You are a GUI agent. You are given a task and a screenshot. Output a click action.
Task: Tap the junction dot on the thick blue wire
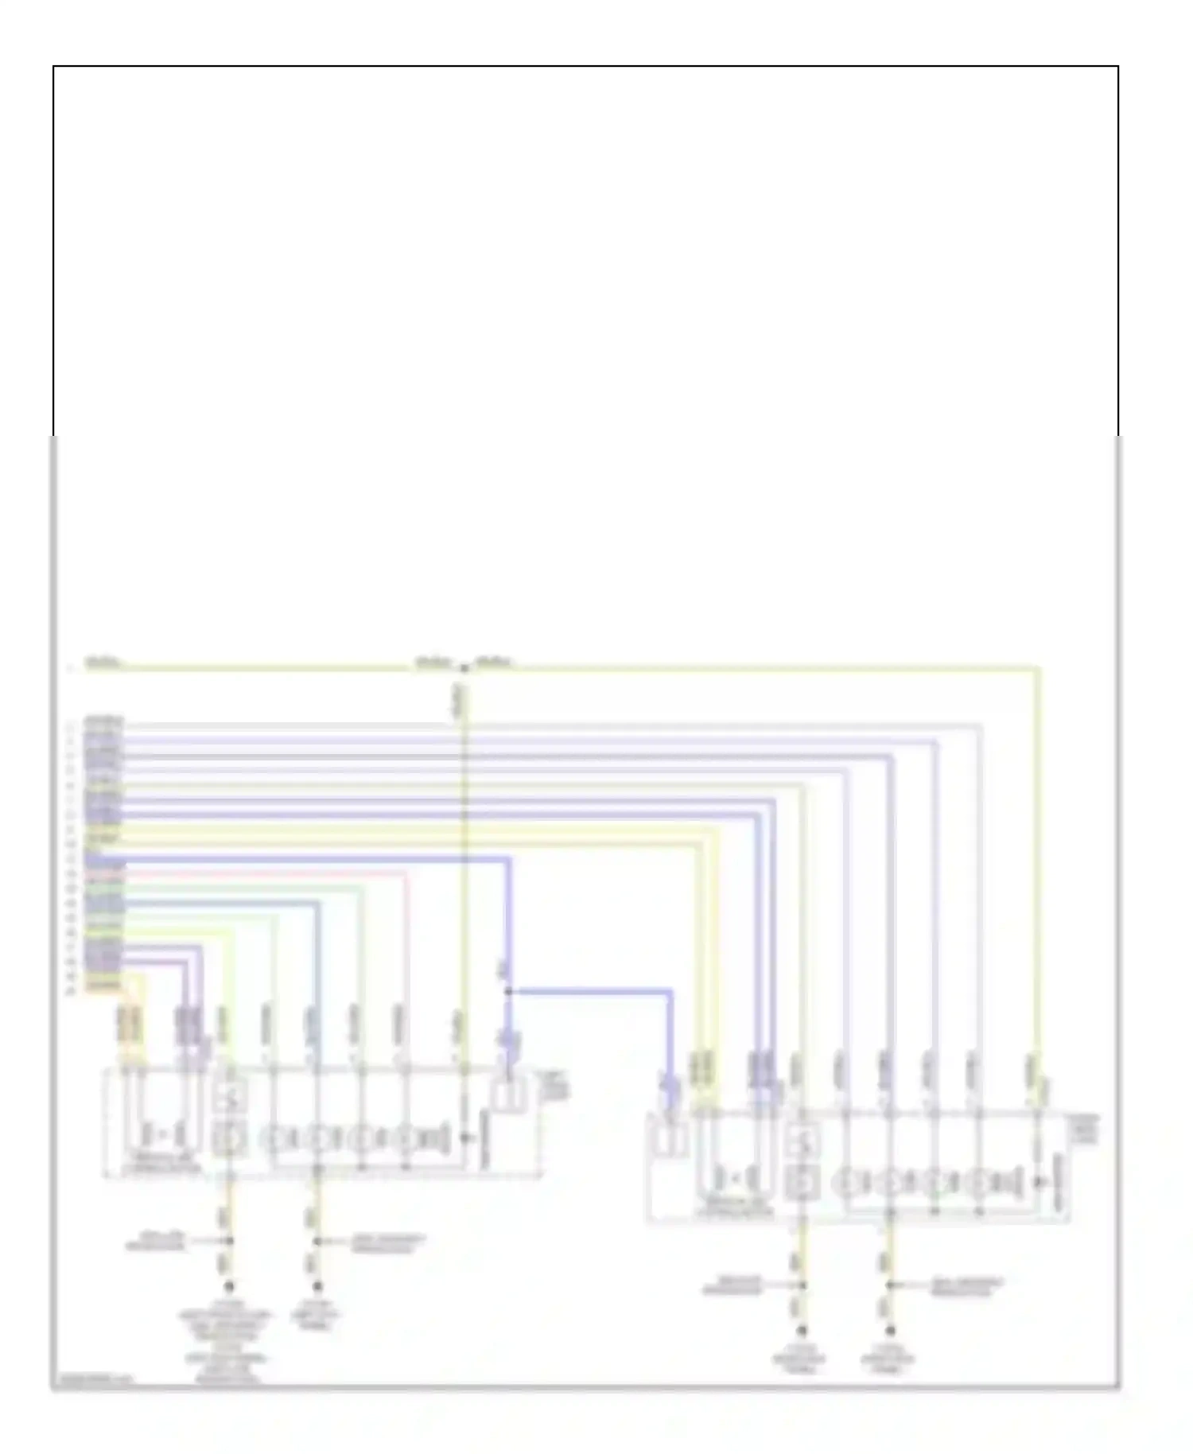(507, 992)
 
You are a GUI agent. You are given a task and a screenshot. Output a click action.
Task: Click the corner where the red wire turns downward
(406, 873)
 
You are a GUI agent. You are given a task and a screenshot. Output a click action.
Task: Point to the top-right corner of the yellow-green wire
(1037, 669)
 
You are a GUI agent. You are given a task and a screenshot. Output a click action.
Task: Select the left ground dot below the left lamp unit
(229, 1286)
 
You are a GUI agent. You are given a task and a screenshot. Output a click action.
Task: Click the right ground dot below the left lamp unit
(317, 1286)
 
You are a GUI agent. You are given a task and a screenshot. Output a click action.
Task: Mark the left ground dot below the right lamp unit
(802, 1330)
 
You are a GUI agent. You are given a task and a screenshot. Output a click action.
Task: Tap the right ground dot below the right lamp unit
(890, 1330)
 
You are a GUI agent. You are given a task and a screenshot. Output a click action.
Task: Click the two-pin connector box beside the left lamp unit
(507, 1094)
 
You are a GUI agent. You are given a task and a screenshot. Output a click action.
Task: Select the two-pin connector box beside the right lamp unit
(670, 1137)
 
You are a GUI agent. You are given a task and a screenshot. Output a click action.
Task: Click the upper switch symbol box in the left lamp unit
(231, 1098)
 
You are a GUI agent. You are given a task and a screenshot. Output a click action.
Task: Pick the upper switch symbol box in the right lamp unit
(803, 1143)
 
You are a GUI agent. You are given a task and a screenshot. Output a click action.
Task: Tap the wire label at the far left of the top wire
(103, 662)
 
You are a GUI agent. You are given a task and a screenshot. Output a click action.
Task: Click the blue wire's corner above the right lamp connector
(670, 993)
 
